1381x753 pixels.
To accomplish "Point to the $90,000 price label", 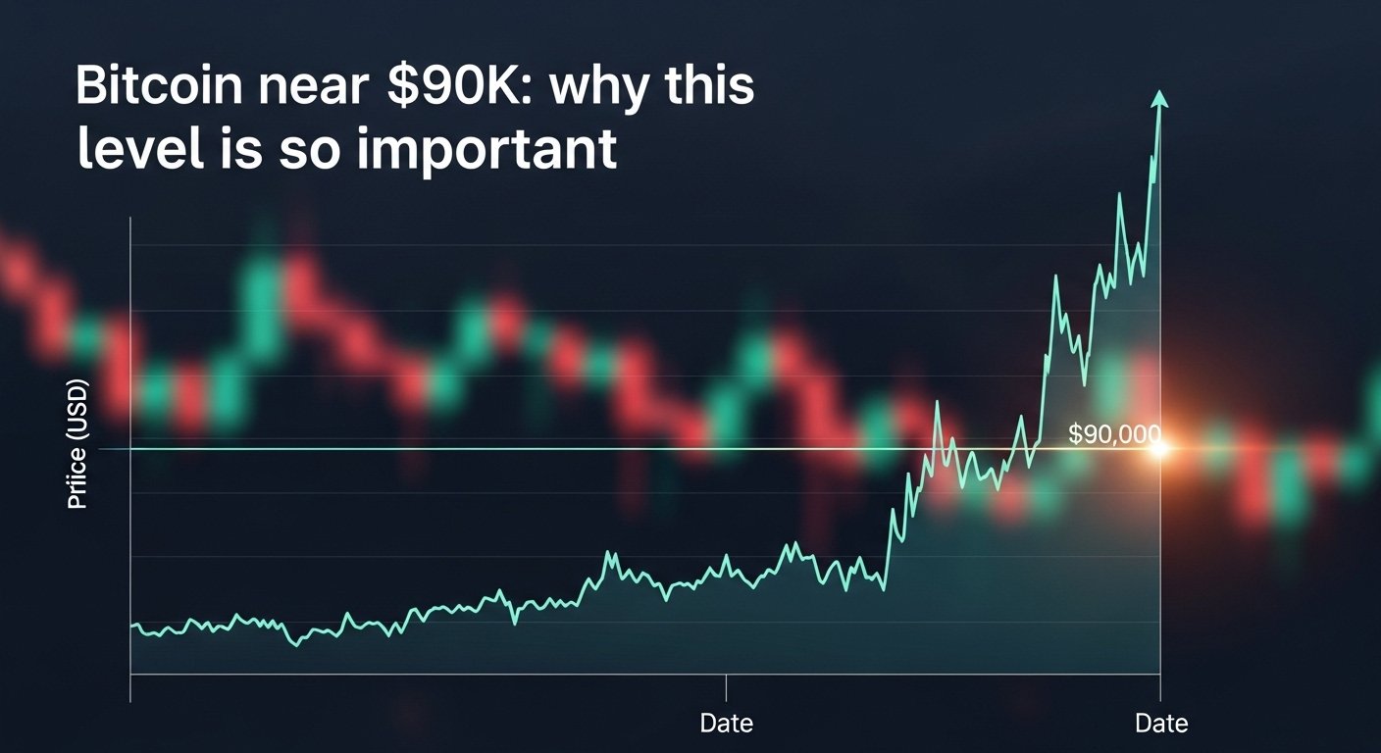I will [1113, 434].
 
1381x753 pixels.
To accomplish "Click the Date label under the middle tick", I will [727, 724].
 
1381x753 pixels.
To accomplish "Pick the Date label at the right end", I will [1161, 724].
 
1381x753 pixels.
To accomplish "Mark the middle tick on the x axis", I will [727, 686].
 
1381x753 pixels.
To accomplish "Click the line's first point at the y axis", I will [131, 626].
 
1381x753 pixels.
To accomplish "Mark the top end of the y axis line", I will [130, 218].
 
